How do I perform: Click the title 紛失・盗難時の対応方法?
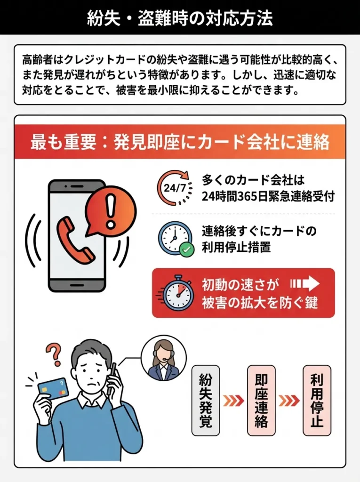180,18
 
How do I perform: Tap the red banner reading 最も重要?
180,142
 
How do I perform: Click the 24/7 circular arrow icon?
175,188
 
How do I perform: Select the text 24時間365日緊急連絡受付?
268,197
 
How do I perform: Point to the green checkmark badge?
187,249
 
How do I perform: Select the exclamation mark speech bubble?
111,208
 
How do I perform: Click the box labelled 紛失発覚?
206,400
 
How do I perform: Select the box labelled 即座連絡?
261,400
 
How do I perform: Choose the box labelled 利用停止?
317,400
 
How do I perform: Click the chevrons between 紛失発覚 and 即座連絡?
233,401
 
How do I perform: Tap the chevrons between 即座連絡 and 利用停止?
289,401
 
